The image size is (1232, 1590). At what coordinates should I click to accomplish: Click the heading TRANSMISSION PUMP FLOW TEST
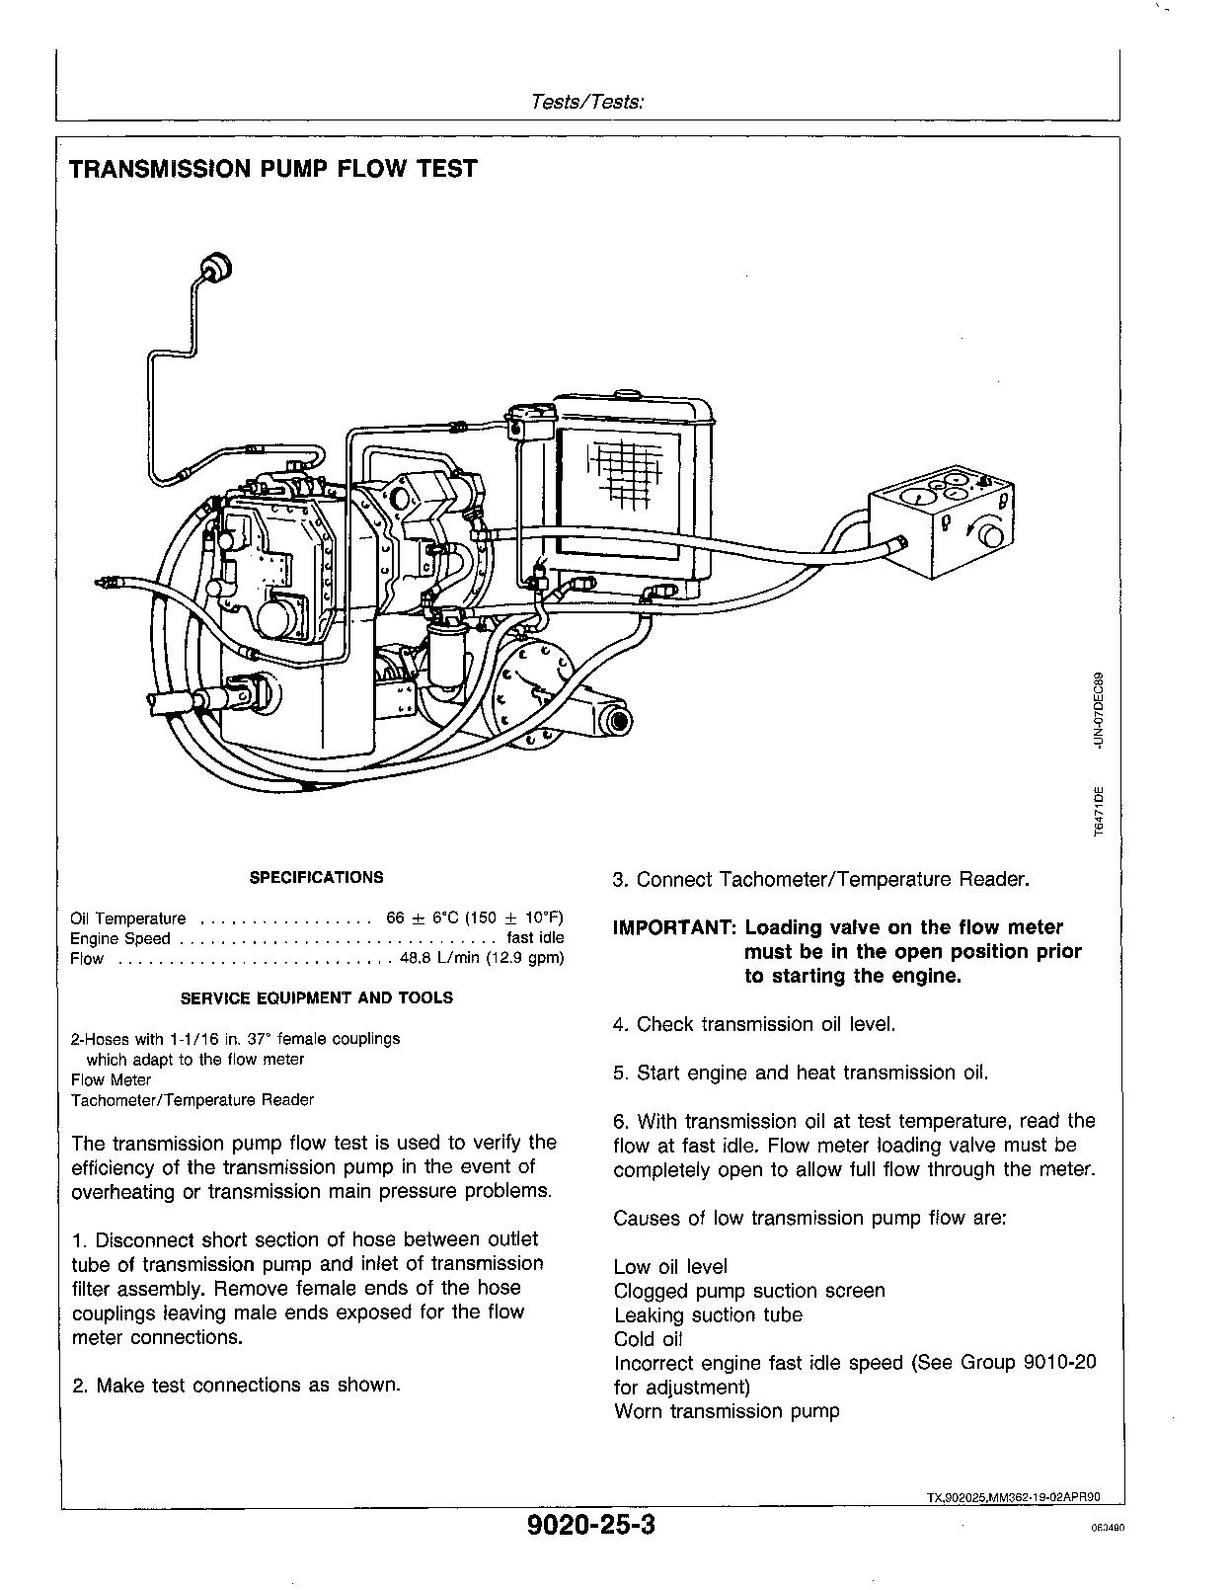click(x=272, y=169)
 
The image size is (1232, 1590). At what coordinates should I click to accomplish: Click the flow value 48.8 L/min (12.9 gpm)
click(x=482, y=959)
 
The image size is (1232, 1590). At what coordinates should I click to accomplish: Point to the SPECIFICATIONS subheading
click(x=316, y=877)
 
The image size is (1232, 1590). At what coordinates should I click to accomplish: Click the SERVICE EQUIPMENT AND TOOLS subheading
click(x=316, y=998)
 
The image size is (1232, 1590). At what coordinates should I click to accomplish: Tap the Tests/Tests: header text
click(x=587, y=101)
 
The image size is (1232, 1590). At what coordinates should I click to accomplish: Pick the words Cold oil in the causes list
click(x=648, y=1339)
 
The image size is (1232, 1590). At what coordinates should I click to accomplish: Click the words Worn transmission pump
click(x=727, y=1411)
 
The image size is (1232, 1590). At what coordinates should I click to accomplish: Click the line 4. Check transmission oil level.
click(x=754, y=1024)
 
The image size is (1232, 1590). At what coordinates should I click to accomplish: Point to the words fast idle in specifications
click(x=535, y=938)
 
